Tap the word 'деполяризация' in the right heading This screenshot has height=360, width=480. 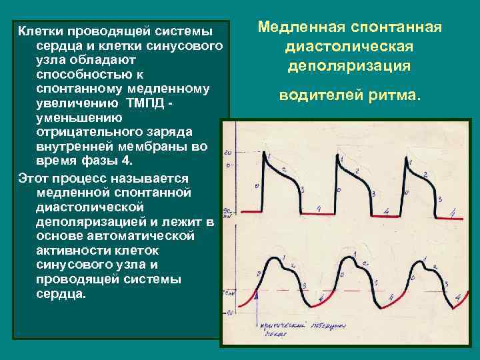(x=349, y=67)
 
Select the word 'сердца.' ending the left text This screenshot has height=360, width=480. (x=61, y=294)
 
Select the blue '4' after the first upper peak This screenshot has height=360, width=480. (x=319, y=209)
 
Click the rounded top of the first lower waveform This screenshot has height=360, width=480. (x=274, y=257)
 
